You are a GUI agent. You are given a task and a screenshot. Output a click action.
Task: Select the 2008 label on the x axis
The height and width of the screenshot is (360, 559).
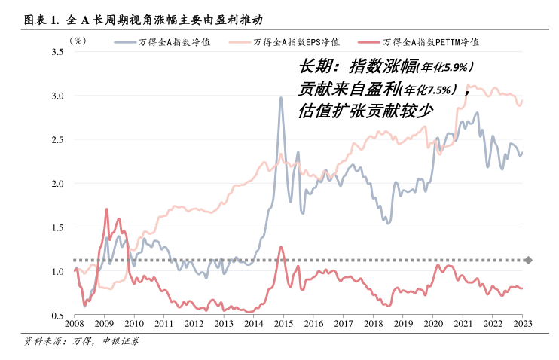tap(75, 324)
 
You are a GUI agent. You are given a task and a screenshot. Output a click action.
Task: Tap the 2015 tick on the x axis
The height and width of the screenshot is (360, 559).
tap(283, 324)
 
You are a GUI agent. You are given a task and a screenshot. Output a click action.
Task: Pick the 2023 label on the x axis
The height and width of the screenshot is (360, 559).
tap(522, 324)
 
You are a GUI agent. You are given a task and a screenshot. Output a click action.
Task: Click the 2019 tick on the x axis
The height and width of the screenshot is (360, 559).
tap(403, 324)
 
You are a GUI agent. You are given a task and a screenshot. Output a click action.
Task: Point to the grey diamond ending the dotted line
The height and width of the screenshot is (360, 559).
tap(528, 261)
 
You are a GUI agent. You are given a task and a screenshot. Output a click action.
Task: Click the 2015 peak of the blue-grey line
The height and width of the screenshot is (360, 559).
tap(281, 98)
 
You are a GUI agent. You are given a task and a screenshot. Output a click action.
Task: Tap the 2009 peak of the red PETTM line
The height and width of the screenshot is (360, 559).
tap(106, 209)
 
